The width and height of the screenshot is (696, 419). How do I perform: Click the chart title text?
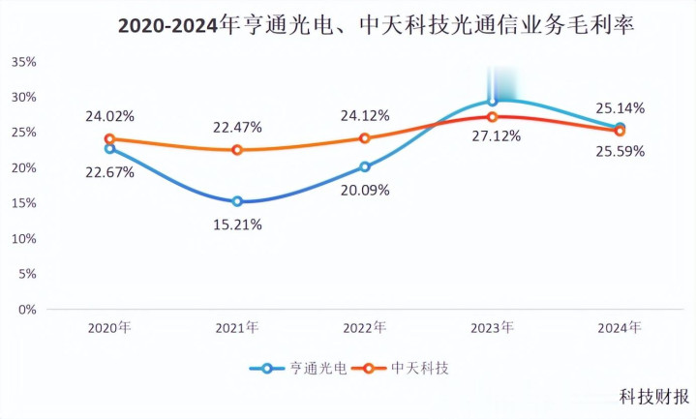(376, 26)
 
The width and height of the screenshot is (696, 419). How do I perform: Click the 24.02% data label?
(109, 116)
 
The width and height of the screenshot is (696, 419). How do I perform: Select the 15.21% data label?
(237, 224)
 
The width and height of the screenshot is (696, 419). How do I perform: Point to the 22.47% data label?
(237, 127)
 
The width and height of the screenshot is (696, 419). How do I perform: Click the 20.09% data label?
(365, 190)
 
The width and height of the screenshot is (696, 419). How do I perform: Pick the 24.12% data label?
(365, 116)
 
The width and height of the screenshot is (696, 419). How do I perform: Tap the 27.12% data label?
(497, 136)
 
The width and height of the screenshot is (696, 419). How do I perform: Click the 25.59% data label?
(620, 151)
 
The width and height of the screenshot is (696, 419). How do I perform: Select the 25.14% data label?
(620, 107)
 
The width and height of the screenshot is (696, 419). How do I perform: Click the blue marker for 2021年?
(237, 201)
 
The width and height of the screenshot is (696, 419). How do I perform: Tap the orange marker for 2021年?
(237, 150)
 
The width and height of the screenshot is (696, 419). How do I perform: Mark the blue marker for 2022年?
(365, 166)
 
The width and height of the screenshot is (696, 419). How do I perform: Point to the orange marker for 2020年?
(109, 139)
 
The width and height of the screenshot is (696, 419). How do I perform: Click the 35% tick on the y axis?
(23, 62)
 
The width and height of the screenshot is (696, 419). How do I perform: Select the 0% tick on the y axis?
(27, 310)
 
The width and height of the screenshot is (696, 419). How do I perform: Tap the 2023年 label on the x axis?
(493, 329)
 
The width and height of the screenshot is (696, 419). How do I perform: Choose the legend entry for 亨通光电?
(303, 368)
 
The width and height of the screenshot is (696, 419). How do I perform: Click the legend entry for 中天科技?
(406, 368)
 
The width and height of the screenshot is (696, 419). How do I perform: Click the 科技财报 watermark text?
(654, 396)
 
